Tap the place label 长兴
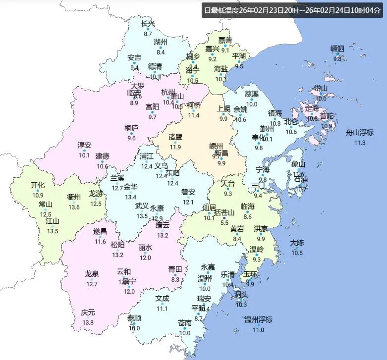148,24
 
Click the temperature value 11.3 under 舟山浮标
359,143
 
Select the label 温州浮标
258,319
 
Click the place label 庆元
88,312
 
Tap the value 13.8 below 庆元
88,323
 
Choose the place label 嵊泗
337,49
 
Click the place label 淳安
84,145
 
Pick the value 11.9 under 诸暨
175,147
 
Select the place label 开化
38,185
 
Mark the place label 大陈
297,243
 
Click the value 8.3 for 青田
175,279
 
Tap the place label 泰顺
134,318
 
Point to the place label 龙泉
92,274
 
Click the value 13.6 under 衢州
74,207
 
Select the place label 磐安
188,192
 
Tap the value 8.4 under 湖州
161,52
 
